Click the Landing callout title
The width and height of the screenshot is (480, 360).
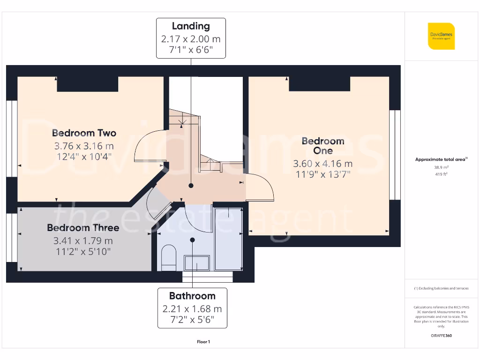coord(191,26)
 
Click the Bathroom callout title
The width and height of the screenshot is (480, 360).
coord(192,296)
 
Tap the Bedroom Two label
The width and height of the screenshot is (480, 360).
coord(84,133)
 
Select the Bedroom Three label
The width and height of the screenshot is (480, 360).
coord(83,228)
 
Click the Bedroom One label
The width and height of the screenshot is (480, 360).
coord(323,145)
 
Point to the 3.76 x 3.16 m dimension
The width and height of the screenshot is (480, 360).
coord(84,145)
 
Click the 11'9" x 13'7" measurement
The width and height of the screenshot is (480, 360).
coord(323,175)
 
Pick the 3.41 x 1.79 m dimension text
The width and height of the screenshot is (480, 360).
coord(83,240)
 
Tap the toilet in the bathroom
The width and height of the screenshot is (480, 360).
coord(168,259)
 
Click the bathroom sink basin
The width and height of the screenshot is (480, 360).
coord(197,263)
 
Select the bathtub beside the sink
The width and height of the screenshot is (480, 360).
coord(228,239)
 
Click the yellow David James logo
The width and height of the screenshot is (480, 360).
coord(441,36)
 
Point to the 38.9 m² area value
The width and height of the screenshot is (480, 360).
coord(441,167)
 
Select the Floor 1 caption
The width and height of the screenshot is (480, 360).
coord(203,342)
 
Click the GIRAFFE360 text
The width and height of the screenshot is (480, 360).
coord(441,336)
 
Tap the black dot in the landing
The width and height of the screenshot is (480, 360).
coord(191,186)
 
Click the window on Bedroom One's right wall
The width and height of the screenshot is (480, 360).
coord(395,155)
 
